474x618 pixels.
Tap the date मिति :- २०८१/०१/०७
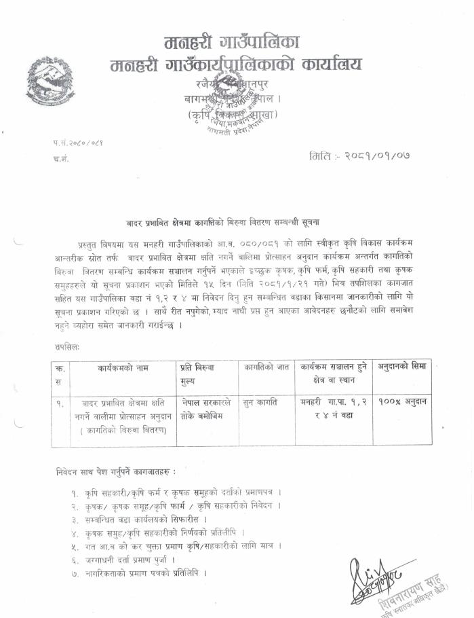coord(359,156)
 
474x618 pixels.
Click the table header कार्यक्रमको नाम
coord(121,367)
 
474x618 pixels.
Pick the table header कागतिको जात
coord(266,367)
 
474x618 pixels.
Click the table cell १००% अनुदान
coord(403,402)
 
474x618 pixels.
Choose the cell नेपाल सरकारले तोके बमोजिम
coord(207,409)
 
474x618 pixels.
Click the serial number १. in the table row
coord(61,403)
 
